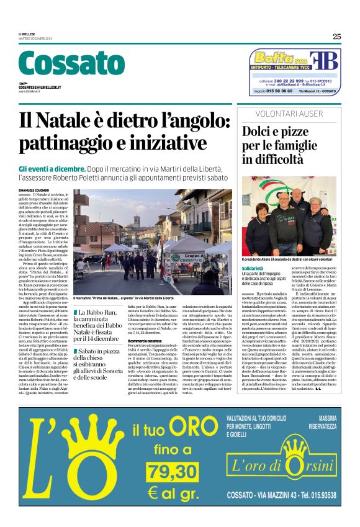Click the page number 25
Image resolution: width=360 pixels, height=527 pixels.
point(336,37)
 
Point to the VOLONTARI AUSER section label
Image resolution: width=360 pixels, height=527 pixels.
point(291,114)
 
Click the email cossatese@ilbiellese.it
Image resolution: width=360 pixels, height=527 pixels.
point(40,88)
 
